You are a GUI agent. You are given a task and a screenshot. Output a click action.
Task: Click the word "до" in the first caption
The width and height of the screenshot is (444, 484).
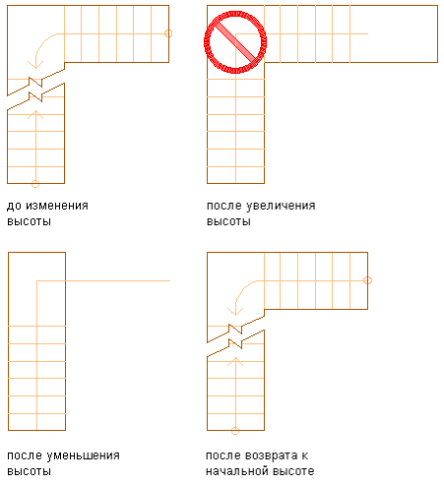pyautogui.click(x=14, y=206)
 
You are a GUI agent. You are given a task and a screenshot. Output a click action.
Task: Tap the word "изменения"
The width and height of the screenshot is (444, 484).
pyautogui.click(x=57, y=206)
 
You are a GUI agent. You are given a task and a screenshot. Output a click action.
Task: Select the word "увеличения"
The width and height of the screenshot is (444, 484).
pyautogui.click(x=281, y=206)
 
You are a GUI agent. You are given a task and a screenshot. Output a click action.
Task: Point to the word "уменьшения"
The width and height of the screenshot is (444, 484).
pyautogui.click(x=83, y=455)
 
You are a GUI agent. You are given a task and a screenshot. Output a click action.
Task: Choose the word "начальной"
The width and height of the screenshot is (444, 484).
pyautogui.click(x=237, y=471)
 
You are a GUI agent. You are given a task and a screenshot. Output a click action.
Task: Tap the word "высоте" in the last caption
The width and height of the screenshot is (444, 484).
pyautogui.click(x=293, y=471)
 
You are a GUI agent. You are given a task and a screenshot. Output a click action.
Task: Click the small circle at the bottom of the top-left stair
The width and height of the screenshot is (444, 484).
pyautogui.click(x=35, y=184)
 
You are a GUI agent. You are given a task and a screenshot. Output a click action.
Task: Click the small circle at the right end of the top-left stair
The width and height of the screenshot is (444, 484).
pyautogui.click(x=168, y=33)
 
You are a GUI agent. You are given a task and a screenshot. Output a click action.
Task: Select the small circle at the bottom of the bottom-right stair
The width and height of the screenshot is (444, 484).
pyautogui.click(x=235, y=431)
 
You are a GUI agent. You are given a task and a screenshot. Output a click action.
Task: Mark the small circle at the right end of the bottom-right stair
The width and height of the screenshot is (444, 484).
pyautogui.click(x=367, y=280)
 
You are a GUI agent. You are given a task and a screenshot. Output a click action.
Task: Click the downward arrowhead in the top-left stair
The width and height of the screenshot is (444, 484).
pyautogui.click(x=35, y=65)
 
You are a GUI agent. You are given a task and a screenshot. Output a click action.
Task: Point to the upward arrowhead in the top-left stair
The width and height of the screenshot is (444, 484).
pyautogui.click(x=35, y=114)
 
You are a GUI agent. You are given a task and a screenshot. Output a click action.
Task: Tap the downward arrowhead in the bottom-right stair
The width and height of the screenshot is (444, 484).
pyautogui.click(x=235, y=312)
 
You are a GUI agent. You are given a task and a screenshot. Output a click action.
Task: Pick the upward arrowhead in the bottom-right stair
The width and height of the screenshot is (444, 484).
pyautogui.click(x=235, y=361)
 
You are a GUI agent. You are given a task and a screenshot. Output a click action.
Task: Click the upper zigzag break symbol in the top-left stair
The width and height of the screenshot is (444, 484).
pyautogui.click(x=35, y=82)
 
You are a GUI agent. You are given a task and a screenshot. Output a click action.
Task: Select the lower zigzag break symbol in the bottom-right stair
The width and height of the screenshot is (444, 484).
pyautogui.click(x=235, y=343)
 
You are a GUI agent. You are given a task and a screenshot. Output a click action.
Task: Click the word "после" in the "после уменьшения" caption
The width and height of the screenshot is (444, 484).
pyautogui.click(x=25, y=455)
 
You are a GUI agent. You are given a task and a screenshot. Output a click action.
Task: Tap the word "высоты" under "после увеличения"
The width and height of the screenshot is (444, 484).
pyautogui.click(x=228, y=221)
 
